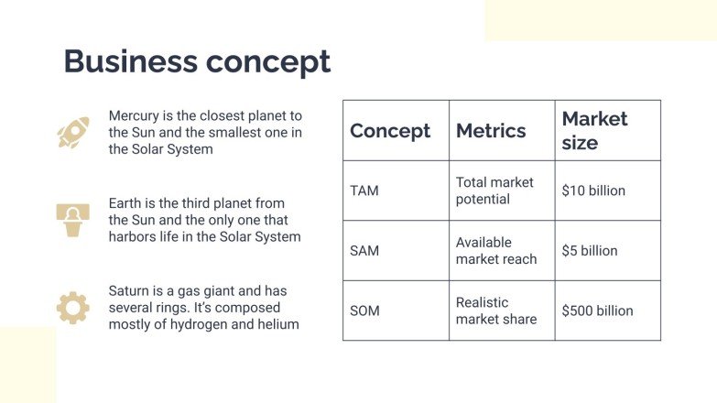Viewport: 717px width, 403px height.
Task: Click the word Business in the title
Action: (x=129, y=61)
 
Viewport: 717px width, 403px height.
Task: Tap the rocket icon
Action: (x=72, y=133)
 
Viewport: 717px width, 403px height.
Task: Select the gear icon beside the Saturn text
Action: (x=72, y=308)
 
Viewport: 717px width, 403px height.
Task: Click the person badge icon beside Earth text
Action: (x=72, y=220)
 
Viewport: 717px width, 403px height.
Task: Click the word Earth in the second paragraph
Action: (x=126, y=203)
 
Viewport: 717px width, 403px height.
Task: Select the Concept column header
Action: (x=390, y=131)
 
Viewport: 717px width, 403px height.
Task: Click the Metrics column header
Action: (x=491, y=131)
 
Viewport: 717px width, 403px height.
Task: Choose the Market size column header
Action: (x=594, y=131)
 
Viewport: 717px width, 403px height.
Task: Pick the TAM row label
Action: (x=364, y=191)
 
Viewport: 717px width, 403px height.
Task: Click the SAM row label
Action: (x=364, y=251)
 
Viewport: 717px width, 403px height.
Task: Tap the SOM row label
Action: (x=364, y=311)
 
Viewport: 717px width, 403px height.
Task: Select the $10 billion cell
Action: (x=593, y=191)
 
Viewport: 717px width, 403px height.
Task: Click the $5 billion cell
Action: (x=590, y=251)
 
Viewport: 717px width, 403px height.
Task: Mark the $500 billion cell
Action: (x=597, y=311)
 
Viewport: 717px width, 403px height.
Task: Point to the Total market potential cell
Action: (x=494, y=191)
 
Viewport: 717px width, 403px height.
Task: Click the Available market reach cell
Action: (x=496, y=251)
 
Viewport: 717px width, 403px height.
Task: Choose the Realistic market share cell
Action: (x=496, y=311)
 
